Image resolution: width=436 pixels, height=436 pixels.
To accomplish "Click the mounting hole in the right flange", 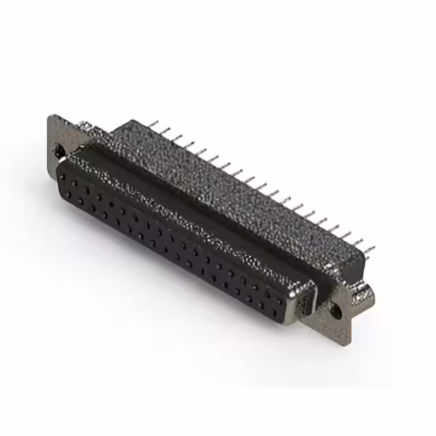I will click(334, 310).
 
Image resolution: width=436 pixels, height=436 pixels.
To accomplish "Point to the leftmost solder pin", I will click(153, 124).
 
